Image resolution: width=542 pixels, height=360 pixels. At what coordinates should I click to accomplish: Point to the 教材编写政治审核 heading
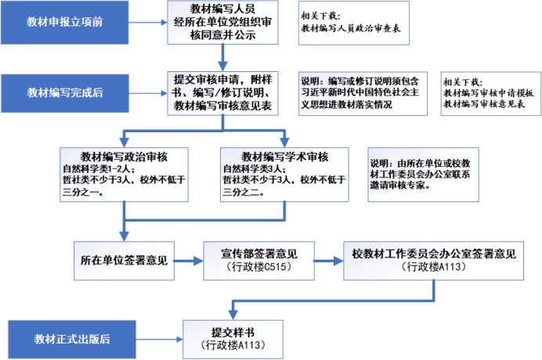125,155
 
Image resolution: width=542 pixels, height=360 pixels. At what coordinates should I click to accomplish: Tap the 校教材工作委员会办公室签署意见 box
433,254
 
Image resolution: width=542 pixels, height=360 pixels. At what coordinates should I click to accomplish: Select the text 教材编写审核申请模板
489,93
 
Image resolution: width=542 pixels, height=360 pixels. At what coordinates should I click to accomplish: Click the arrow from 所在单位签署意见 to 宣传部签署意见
192,261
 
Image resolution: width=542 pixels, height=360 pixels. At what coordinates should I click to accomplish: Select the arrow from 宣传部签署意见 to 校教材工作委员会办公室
331,261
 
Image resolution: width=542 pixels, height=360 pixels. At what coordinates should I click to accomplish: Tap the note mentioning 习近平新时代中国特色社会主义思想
362,92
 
